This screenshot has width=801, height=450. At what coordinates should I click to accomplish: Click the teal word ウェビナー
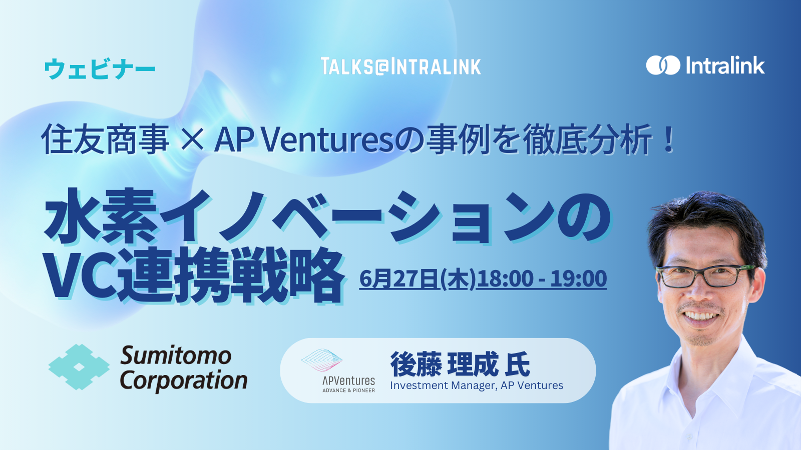click(x=100, y=68)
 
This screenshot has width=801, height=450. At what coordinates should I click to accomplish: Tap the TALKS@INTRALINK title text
click(x=400, y=66)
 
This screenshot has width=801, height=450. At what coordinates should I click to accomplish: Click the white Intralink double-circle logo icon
click(x=663, y=65)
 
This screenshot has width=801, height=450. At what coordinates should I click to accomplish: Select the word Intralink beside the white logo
click(x=725, y=65)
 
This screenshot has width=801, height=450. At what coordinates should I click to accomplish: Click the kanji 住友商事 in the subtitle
click(x=105, y=139)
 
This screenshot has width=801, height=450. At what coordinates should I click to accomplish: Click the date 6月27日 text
click(x=399, y=279)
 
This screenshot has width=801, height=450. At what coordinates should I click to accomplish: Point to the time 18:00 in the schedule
click(x=504, y=279)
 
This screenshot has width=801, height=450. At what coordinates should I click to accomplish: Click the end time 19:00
click(x=578, y=279)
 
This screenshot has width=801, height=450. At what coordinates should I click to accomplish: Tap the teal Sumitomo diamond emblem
click(x=79, y=367)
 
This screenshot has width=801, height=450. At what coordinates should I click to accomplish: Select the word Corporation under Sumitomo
click(x=183, y=380)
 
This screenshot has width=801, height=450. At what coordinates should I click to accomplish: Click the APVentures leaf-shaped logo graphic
click(x=321, y=360)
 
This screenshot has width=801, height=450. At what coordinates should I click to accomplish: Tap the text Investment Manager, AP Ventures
click(x=477, y=385)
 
